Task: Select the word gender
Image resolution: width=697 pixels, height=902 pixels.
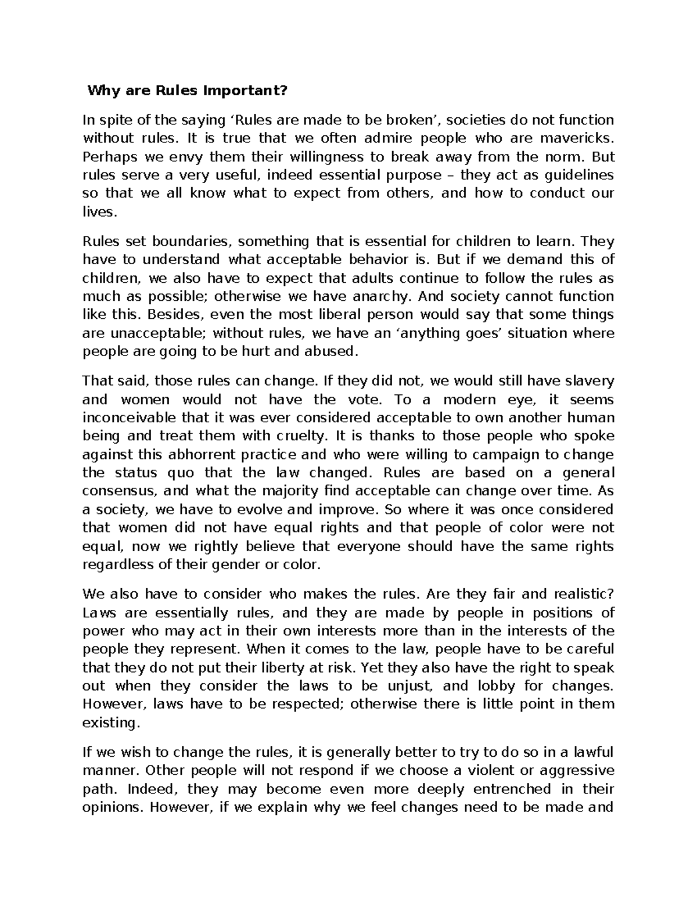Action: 239,564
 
